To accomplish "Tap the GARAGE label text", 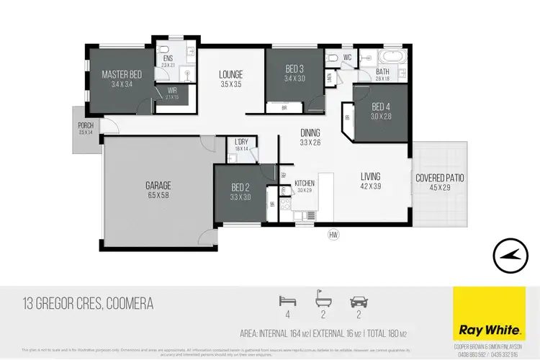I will (158, 185).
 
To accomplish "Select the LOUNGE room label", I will (230, 74).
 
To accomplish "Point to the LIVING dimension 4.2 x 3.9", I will (370, 186).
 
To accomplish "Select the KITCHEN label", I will (305, 184).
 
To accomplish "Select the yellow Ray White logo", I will (487, 313).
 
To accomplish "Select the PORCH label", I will (86, 125).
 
